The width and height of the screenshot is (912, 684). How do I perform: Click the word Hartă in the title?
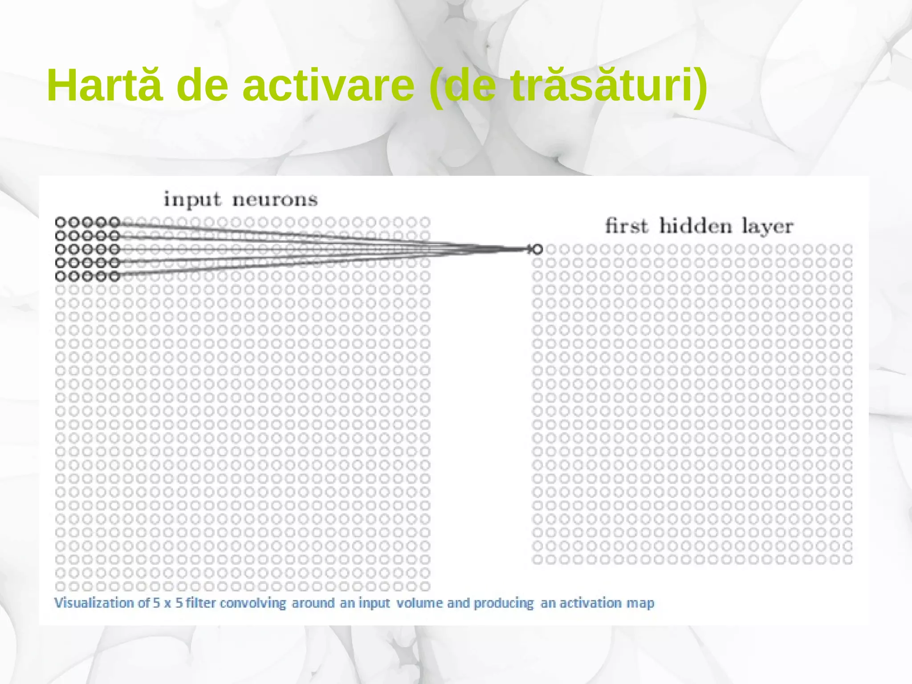click(105, 85)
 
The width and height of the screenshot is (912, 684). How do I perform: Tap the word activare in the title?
click(328, 85)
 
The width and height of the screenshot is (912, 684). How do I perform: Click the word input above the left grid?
click(192, 200)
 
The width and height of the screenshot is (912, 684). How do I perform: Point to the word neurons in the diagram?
click(275, 200)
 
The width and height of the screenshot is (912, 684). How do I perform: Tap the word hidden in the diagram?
click(696, 226)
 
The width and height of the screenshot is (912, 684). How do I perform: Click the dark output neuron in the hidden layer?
click(537, 249)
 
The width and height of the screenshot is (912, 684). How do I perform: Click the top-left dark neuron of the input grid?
click(61, 222)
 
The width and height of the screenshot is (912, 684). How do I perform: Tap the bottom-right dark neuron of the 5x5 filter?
click(115, 277)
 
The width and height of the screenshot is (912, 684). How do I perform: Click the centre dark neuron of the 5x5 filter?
click(88, 249)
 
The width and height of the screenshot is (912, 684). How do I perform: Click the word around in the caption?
click(313, 603)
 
